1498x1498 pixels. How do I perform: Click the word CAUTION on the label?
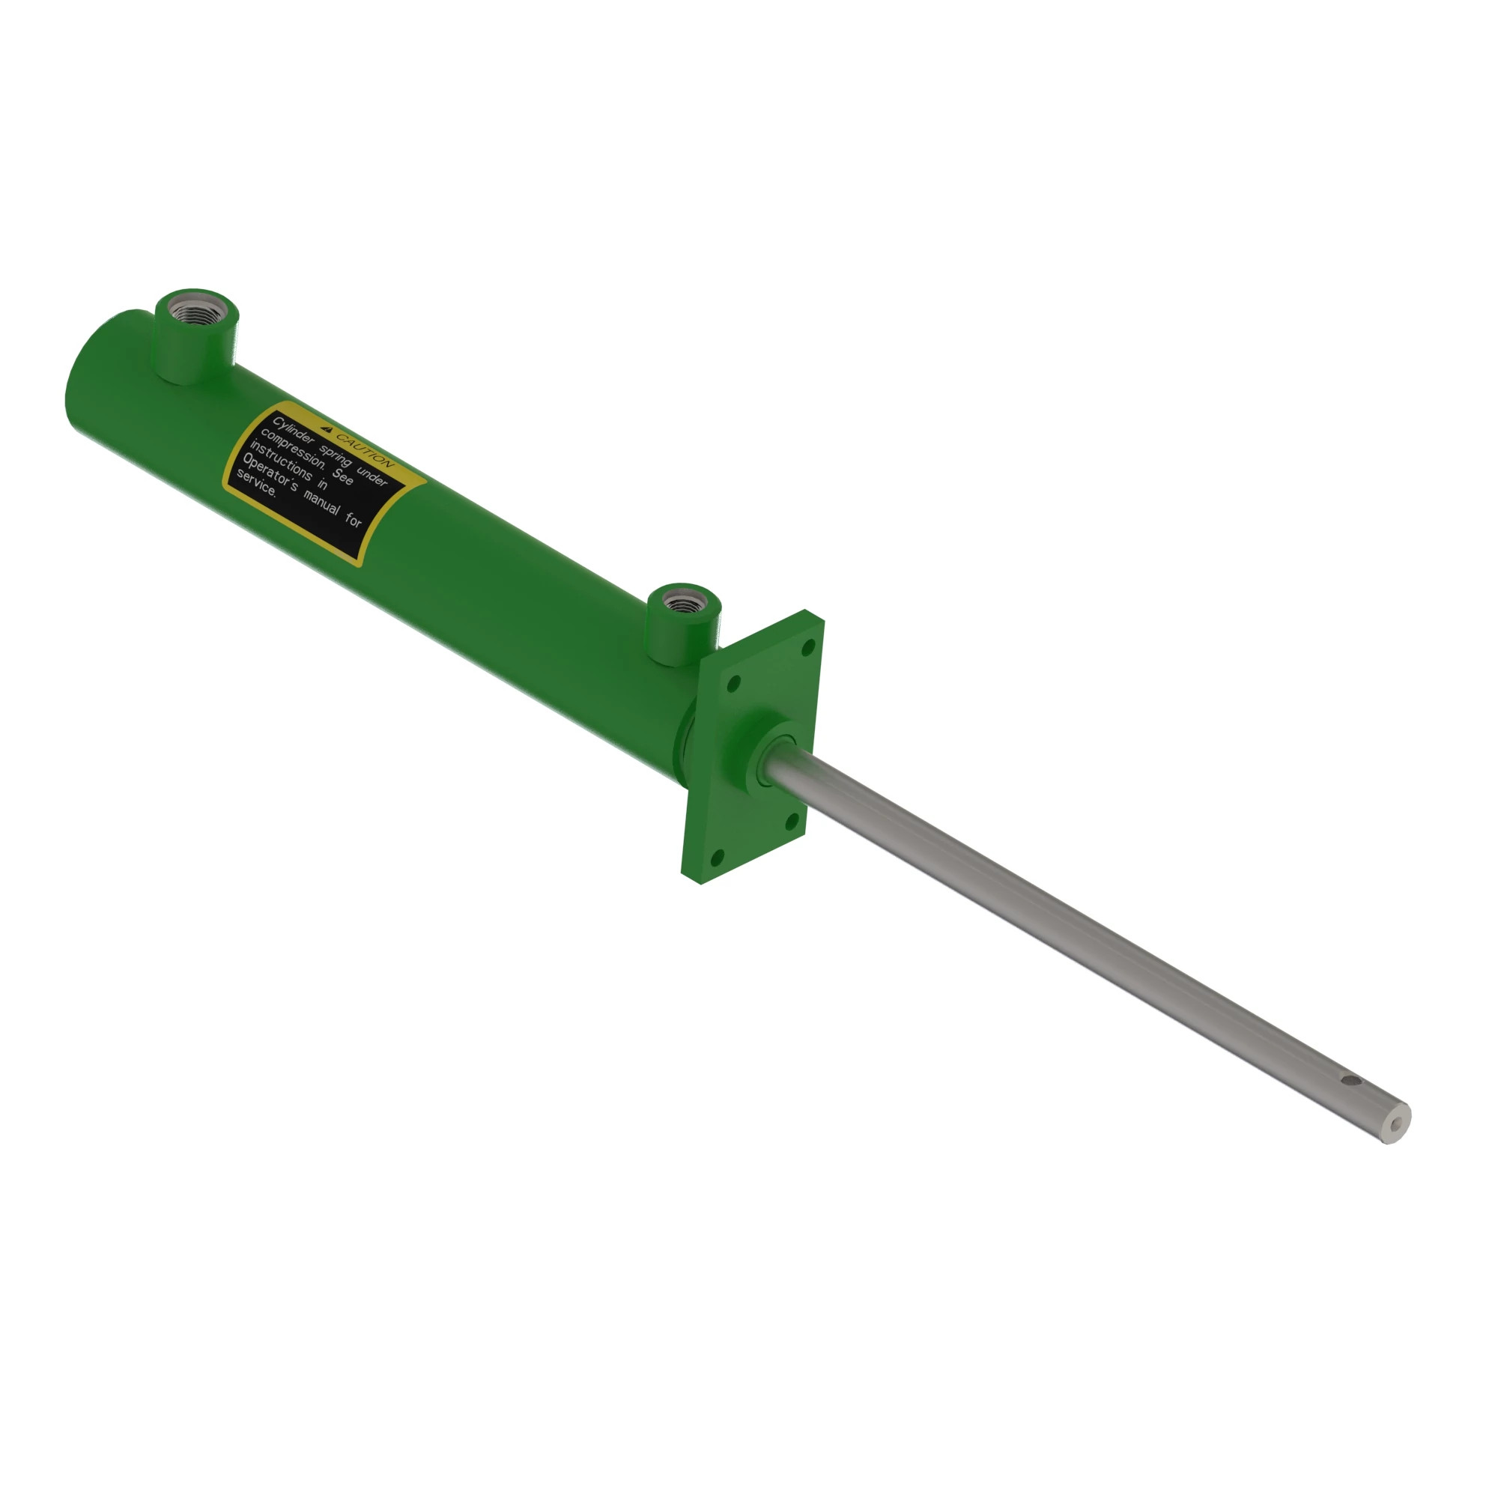[366, 450]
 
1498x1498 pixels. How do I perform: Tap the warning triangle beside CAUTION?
[327, 428]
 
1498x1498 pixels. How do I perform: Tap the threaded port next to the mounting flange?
[683, 601]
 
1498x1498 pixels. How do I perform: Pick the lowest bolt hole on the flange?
[718, 857]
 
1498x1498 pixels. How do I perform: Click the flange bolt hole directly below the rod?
[792, 820]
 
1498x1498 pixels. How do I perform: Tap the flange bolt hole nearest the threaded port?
[733, 683]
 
